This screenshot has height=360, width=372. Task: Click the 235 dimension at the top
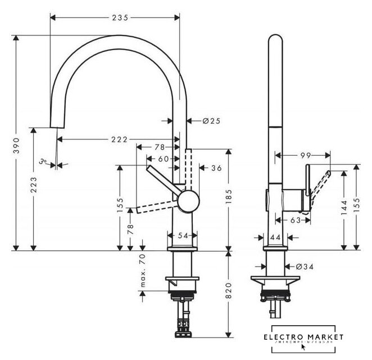pos(117,17)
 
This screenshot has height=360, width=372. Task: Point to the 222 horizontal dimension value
pos(118,139)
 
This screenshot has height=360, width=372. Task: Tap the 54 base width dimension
pos(183,236)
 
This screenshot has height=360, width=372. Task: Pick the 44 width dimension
pos(275,238)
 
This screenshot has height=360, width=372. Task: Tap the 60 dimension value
pos(164,159)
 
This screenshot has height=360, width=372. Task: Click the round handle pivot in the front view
pos(188,200)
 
